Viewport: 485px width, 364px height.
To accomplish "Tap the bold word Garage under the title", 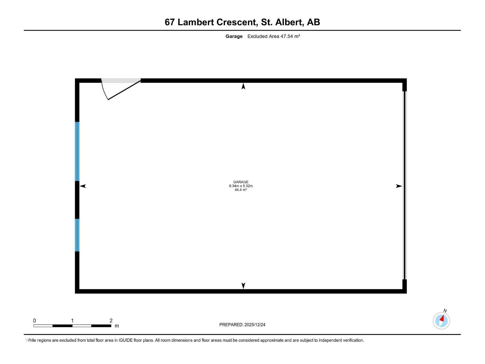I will point(234,36).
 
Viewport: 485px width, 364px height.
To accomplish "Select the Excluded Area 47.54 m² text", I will point(273,36).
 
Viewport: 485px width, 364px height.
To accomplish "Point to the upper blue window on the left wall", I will point(77,151).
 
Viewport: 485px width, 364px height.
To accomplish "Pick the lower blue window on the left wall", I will point(77,235).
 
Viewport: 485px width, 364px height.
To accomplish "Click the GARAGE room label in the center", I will point(241,182).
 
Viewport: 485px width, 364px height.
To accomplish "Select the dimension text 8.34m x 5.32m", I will point(241,186).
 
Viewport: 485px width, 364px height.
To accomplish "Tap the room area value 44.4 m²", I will point(241,190).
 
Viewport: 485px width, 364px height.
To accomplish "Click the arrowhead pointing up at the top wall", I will point(243,86).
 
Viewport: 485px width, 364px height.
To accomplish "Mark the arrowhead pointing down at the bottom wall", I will point(243,285).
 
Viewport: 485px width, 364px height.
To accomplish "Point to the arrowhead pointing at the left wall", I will point(83,186).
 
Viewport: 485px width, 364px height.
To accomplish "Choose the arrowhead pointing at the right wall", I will point(399,186).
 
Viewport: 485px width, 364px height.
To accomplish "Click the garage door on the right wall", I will point(404,185).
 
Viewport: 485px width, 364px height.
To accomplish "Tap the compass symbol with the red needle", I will point(441,321).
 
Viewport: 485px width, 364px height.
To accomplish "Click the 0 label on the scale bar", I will point(35,321).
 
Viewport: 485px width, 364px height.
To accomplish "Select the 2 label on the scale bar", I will point(111,321).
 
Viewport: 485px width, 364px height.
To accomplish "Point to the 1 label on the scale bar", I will point(72,321).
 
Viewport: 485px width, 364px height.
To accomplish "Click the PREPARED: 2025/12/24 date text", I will point(242,325).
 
